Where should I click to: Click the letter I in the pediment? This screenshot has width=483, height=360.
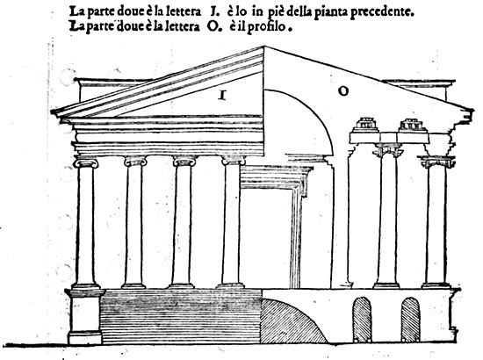[x=222, y=95]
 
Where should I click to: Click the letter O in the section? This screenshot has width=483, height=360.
[x=343, y=91]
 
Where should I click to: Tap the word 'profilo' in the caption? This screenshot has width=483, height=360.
[x=266, y=27]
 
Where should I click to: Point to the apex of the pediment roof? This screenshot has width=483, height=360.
[x=264, y=47]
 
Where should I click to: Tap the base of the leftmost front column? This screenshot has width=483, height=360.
[x=85, y=285]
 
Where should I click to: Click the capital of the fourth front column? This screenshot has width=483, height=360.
[x=234, y=160]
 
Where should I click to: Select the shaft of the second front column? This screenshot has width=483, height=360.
[x=134, y=224]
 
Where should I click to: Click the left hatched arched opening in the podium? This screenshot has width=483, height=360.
[x=362, y=320]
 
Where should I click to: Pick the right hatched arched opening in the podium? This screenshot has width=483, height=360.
[x=410, y=320]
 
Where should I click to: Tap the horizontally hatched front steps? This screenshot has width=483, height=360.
[x=181, y=316]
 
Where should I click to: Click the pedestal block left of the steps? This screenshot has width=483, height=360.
[x=85, y=317]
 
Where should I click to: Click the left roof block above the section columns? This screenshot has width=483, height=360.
[x=365, y=125]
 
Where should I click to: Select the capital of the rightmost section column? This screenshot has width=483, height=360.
[x=437, y=162]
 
